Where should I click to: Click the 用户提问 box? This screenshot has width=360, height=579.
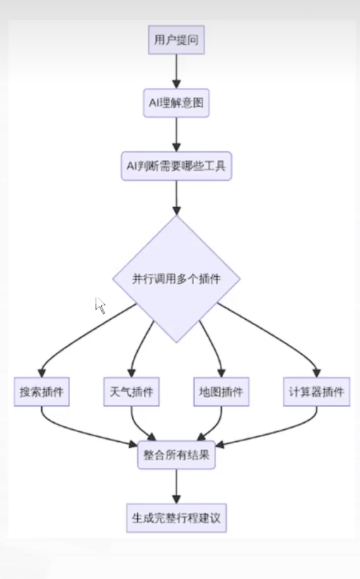point(176,41)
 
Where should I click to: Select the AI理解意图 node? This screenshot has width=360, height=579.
point(176,104)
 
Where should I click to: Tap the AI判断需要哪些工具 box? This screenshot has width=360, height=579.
point(176,166)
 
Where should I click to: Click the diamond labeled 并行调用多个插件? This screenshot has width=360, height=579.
point(176,279)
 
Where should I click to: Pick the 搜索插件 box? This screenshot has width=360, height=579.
point(41,392)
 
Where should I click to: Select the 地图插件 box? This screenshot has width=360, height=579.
point(220,392)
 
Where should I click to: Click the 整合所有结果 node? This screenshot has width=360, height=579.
point(176,454)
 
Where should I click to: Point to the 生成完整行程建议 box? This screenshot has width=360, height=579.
point(176,517)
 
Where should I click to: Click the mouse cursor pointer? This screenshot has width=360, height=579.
point(100,305)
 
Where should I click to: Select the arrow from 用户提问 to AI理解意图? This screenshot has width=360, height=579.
point(176,72)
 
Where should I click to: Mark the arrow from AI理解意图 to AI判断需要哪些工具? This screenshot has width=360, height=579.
point(176,135)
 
